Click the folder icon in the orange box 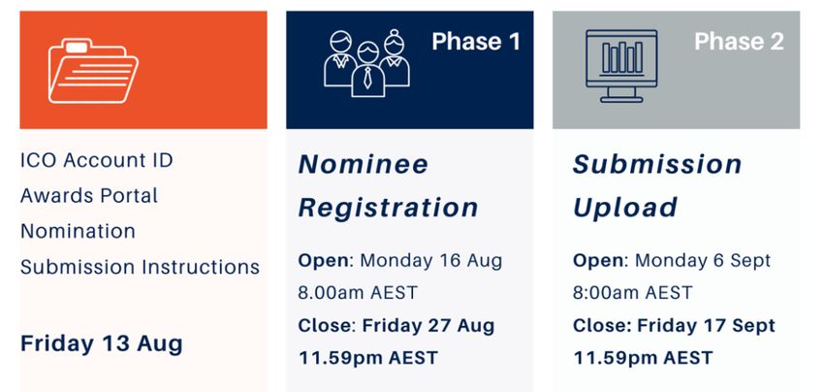pos(93,71)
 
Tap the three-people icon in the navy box pos(366,64)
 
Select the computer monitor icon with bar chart pos(621,66)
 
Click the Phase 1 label pos(476,42)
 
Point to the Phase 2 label pos(739,42)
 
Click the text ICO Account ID pos(97,160)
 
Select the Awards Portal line pos(89,196)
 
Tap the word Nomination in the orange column pos(78,231)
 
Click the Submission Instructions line pos(140,267)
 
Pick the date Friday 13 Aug pos(102,343)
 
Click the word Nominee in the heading pos(364,164)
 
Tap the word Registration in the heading pos(389,208)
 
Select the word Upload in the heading pos(625,208)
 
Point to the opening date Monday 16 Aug pos(431,261)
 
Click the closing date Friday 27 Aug pos(428,326)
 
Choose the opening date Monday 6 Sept pos(703,261)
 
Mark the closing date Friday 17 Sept pos(706,326)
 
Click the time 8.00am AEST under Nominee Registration pos(358,293)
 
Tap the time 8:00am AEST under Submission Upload pos(632,293)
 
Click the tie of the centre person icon pos(367,77)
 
